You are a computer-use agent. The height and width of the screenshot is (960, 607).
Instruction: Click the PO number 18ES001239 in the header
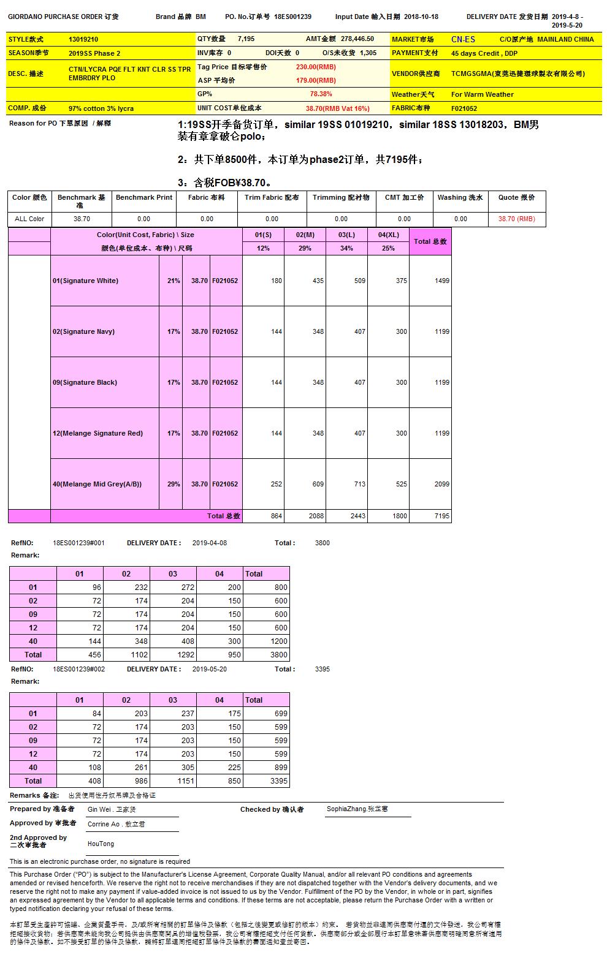(x=292, y=17)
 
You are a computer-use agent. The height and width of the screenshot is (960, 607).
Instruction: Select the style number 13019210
(x=83, y=39)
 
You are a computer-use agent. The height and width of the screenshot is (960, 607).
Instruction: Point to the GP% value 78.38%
(x=321, y=94)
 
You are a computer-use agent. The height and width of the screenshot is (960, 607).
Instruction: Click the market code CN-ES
(x=463, y=39)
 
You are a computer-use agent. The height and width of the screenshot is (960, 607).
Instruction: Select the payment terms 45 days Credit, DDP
(x=484, y=53)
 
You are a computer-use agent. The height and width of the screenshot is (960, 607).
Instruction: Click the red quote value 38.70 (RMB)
(x=516, y=219)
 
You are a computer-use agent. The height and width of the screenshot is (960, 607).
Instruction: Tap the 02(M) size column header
(x=305, y=235)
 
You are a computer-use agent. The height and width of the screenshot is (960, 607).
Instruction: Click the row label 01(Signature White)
(x=85, y=281)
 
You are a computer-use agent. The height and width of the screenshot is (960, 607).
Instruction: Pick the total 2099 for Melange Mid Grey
(x=441, y=484)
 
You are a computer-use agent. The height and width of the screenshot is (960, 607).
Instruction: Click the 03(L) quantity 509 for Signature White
(x=359, y=281)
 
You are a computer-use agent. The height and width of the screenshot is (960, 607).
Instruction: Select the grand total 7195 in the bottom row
(x=441, y=516)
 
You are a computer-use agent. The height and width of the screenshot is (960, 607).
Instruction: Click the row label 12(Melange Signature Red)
(x=97, y=433)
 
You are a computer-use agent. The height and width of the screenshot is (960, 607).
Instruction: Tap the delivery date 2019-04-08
(x=210, y=543)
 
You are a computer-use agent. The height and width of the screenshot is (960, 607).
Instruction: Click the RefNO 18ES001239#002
(x=78, y=669)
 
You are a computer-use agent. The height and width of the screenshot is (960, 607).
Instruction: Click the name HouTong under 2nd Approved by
(x=101, y=844)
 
